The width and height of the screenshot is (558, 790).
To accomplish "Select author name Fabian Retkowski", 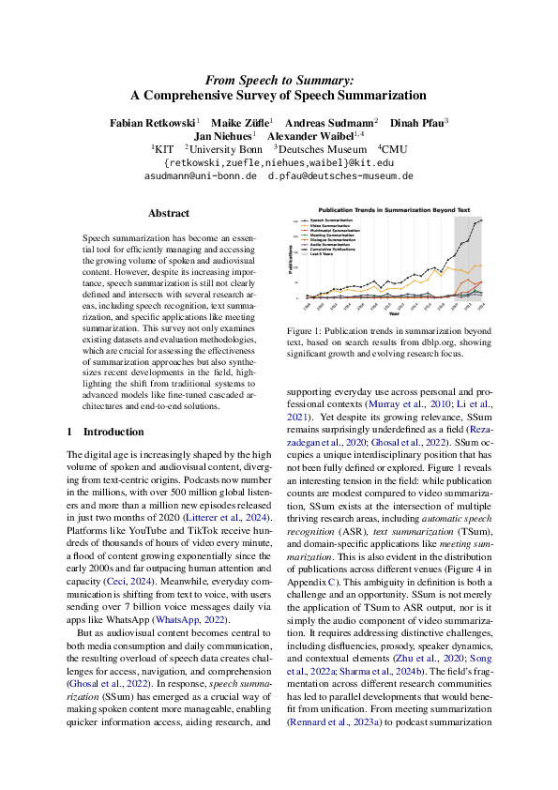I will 151,122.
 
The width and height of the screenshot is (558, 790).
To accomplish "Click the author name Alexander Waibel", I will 319,135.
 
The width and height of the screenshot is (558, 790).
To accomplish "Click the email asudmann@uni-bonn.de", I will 201,175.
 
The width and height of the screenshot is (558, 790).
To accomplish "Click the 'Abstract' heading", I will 169,213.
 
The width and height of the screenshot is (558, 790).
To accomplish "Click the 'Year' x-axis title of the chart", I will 394,314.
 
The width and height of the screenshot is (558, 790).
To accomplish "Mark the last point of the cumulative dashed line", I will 483,220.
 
